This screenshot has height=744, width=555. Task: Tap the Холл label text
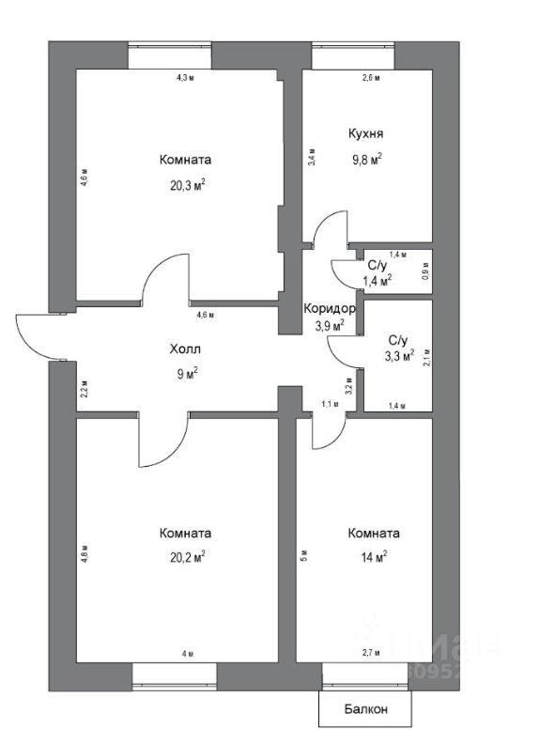185,349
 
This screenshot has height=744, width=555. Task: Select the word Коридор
329,308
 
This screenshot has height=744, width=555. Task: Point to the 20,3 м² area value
187,185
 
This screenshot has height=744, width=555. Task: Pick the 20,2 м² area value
186,556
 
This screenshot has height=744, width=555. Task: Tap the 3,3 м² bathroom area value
397,356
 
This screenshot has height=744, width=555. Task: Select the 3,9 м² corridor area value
329,326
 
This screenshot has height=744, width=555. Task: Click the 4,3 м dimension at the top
185,78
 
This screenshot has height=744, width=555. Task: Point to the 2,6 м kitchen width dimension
371,78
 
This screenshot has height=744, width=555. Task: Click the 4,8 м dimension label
84,551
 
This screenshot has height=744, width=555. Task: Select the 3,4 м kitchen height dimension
311,159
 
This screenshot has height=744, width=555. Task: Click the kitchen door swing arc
331,226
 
